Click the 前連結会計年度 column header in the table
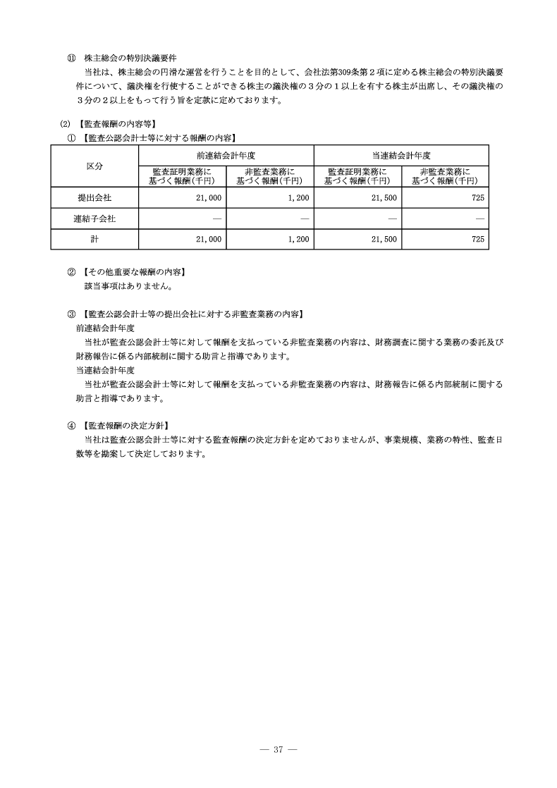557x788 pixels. [x=226, y=155]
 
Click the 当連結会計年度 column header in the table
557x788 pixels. [x=401, y=155]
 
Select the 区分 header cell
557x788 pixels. [x=94, y=166]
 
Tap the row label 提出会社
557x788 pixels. [x=94, y=198]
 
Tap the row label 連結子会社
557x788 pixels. [x=94, y=218]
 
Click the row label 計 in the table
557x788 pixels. [x=94, y=240]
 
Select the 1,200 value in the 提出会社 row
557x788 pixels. [x=298, y=198]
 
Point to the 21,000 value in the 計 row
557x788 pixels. [x=209, y=240]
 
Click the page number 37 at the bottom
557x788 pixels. [x=278, y=749]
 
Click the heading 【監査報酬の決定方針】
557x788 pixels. [x=126, y=426]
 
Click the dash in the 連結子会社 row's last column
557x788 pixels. [x=479, y=219]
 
